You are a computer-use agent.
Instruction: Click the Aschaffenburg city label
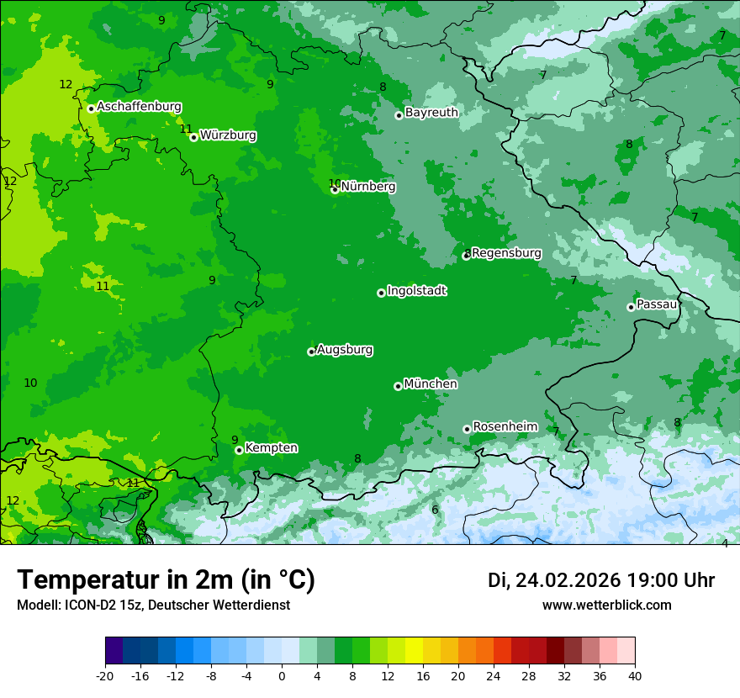(139, 107)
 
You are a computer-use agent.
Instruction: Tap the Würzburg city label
(228, 135)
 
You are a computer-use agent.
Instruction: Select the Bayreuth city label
(431, 113)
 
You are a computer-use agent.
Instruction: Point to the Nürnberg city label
(368, 187)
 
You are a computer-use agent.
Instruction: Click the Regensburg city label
(506, 253)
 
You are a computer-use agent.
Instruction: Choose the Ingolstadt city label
(416, 291)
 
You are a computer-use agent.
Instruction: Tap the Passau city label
(657, 304)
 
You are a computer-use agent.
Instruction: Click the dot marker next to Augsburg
(311, 352)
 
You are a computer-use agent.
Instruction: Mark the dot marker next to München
(398, 386)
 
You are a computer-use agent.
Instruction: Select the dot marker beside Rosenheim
(467, 429)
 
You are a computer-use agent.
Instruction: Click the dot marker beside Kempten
(239, 450)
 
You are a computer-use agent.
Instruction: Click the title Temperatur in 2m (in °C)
(166, 580)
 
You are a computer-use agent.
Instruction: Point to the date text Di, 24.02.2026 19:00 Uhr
(601, 580)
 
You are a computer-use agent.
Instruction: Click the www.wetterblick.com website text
(606, 605)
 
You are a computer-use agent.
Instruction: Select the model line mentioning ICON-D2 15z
(153, 605)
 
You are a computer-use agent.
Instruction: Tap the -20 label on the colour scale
(104, 676)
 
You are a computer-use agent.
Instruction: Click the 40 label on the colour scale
(635, 676)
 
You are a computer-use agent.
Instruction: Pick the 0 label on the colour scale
(282, 676)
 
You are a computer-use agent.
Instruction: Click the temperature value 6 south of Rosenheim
(435, 510)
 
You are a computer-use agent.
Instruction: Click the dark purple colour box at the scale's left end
(114, 651)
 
